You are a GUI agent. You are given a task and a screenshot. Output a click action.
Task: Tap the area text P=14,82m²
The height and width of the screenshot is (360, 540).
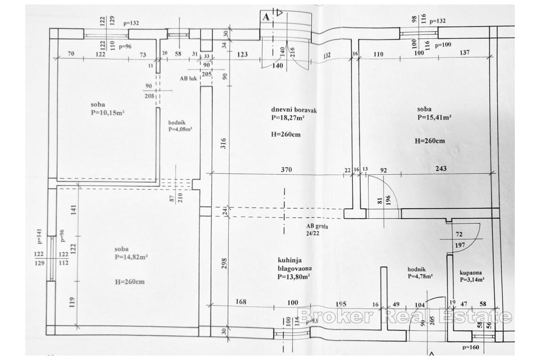coord(131,257)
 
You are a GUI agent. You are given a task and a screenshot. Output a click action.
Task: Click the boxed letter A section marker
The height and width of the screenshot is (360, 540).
coord(266,17)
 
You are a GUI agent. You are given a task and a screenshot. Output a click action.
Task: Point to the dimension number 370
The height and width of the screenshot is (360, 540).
coord(287,170)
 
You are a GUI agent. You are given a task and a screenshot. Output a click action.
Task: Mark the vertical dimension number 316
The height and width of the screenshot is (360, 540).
coord(224,143)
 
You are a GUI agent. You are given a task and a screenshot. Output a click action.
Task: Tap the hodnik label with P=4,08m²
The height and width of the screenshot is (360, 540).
coord(180,126)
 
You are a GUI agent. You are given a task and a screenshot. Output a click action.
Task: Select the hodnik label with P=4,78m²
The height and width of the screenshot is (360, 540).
coord(420,273)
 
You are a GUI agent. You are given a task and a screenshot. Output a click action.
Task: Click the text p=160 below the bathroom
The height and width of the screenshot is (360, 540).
coord(471,347)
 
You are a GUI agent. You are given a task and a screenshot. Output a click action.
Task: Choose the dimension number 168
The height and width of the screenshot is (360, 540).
coord(241,302)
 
